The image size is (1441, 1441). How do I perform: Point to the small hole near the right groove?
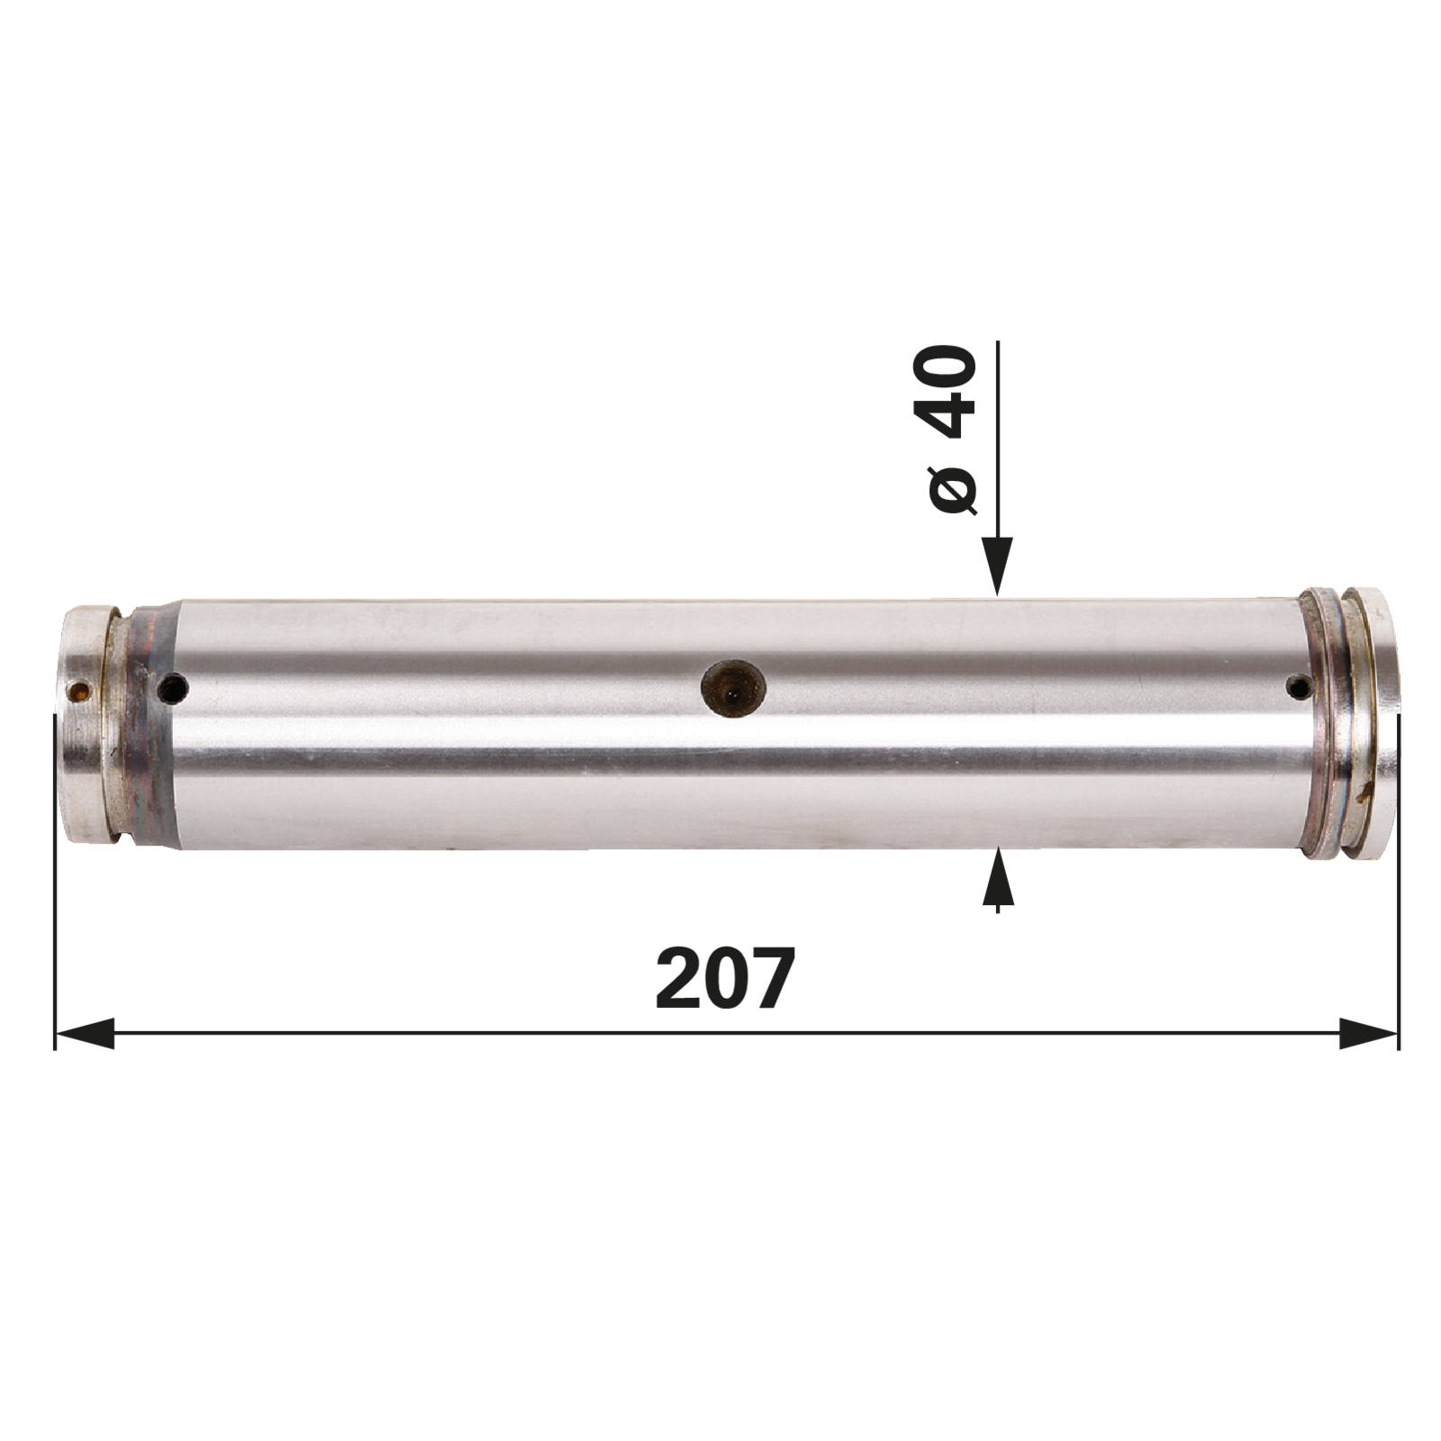[x=1298, y=689]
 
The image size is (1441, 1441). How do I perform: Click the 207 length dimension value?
[x=726, y=978]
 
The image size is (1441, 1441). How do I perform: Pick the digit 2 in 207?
[x=678, y=978]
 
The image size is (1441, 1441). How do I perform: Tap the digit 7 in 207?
[x=774, y=978]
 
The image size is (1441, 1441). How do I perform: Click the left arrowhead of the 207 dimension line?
[x=85, y=1033]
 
